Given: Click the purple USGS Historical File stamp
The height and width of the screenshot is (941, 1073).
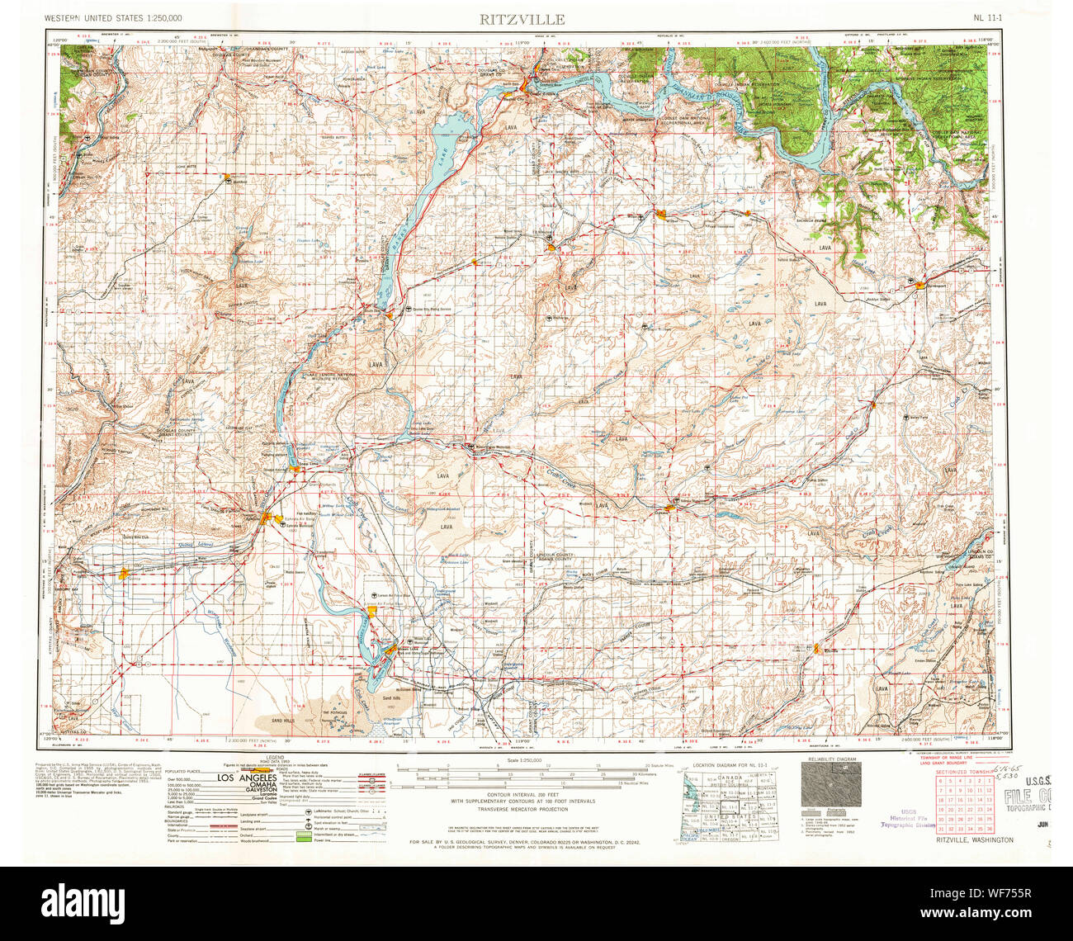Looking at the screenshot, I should [x=908, y=817].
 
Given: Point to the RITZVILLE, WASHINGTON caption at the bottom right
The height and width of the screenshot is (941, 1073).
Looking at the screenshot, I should [x=975, y=840].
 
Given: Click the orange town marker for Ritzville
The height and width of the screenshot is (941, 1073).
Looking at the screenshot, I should [x=817, y=649].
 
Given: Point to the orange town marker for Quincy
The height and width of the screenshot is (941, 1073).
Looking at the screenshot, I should [x=125, y=573].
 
